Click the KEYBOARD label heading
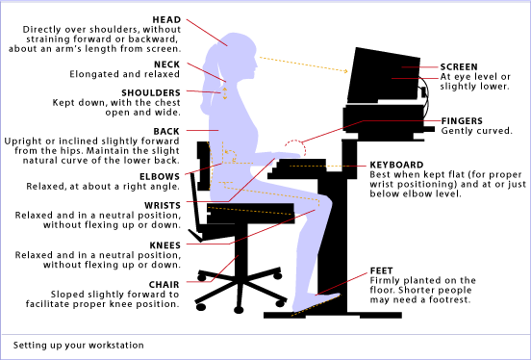pyautogui.click(x=397, y=165)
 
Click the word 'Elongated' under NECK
pyautogui.click(x=95, y=73)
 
